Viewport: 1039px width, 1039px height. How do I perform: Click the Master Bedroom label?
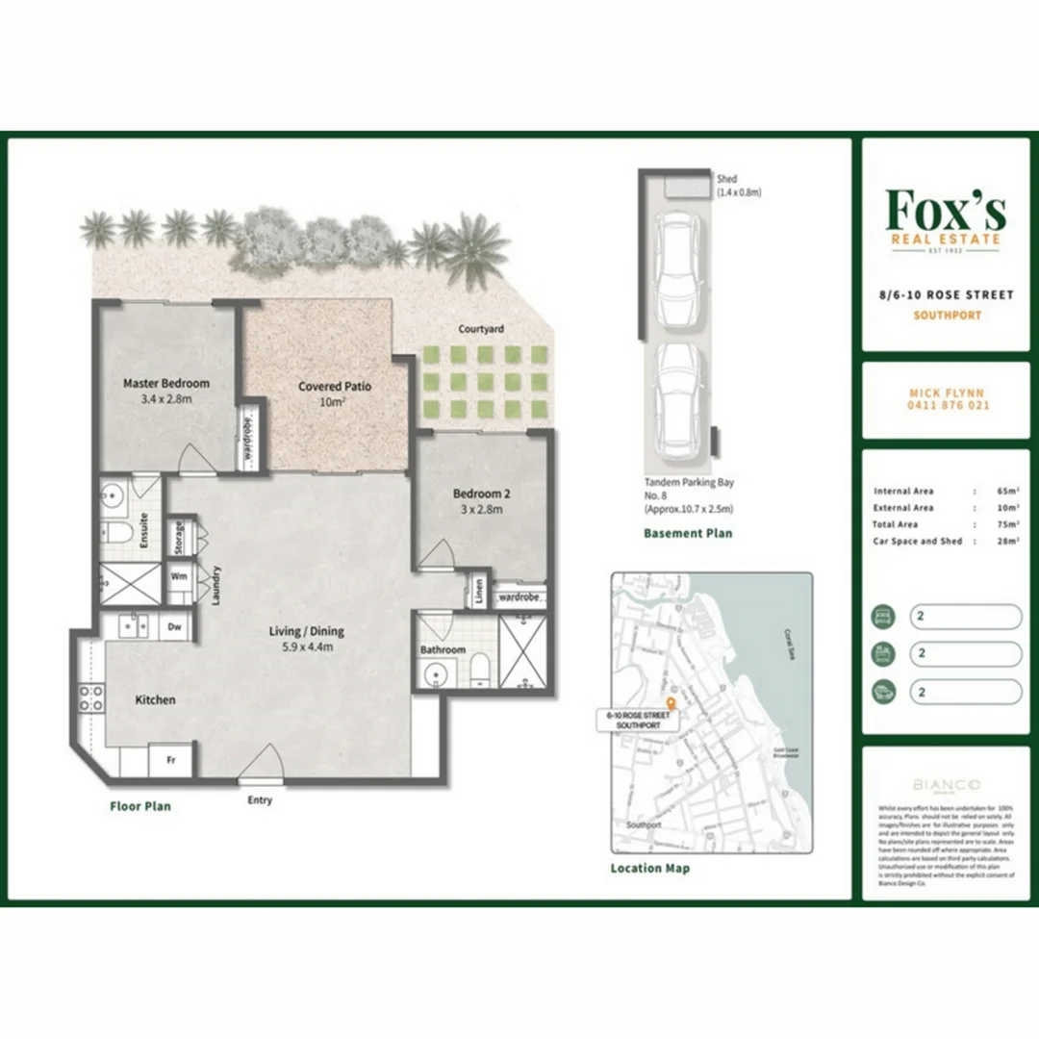tap(165, 383)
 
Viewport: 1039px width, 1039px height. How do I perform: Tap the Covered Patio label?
tap(334, 387)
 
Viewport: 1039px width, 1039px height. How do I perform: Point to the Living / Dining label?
tap(307, 632)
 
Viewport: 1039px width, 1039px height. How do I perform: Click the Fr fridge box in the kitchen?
tap(171, 759)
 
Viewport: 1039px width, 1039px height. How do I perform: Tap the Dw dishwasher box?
tap(175, 626)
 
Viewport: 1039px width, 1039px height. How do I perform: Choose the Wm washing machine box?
tap(179, 576)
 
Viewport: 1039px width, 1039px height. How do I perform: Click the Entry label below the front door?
tap(260, 799)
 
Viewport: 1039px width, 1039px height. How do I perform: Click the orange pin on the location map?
tap(671, 703)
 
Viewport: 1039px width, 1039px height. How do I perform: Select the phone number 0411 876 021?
tap(948, 406)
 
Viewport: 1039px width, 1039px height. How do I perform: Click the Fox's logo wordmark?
tap(946, 209)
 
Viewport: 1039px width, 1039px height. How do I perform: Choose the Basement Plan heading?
tap(688, 533)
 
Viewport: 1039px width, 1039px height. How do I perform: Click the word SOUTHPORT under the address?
tap(947, 316)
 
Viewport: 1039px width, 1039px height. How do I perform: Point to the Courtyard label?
tap(481, 329)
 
